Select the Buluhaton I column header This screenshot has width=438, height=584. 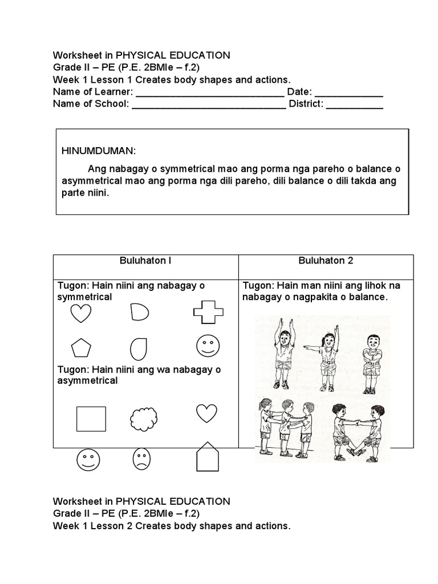tap(145, 261)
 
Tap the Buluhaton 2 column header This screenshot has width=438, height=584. tap(326, 261)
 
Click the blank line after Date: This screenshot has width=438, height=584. tap(348, 92)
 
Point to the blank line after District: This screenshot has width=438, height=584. tap(354, 104)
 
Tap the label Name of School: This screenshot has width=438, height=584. tap(91, 104)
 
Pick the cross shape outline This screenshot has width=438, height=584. tap(208, 312)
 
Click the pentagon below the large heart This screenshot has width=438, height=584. tap(80, 347)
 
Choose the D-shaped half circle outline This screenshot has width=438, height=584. tap(139, 312)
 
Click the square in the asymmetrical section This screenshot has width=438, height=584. tap(91, 419)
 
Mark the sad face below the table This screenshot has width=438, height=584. tap(141, 459)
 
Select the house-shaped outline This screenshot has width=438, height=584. tap(208, 456)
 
